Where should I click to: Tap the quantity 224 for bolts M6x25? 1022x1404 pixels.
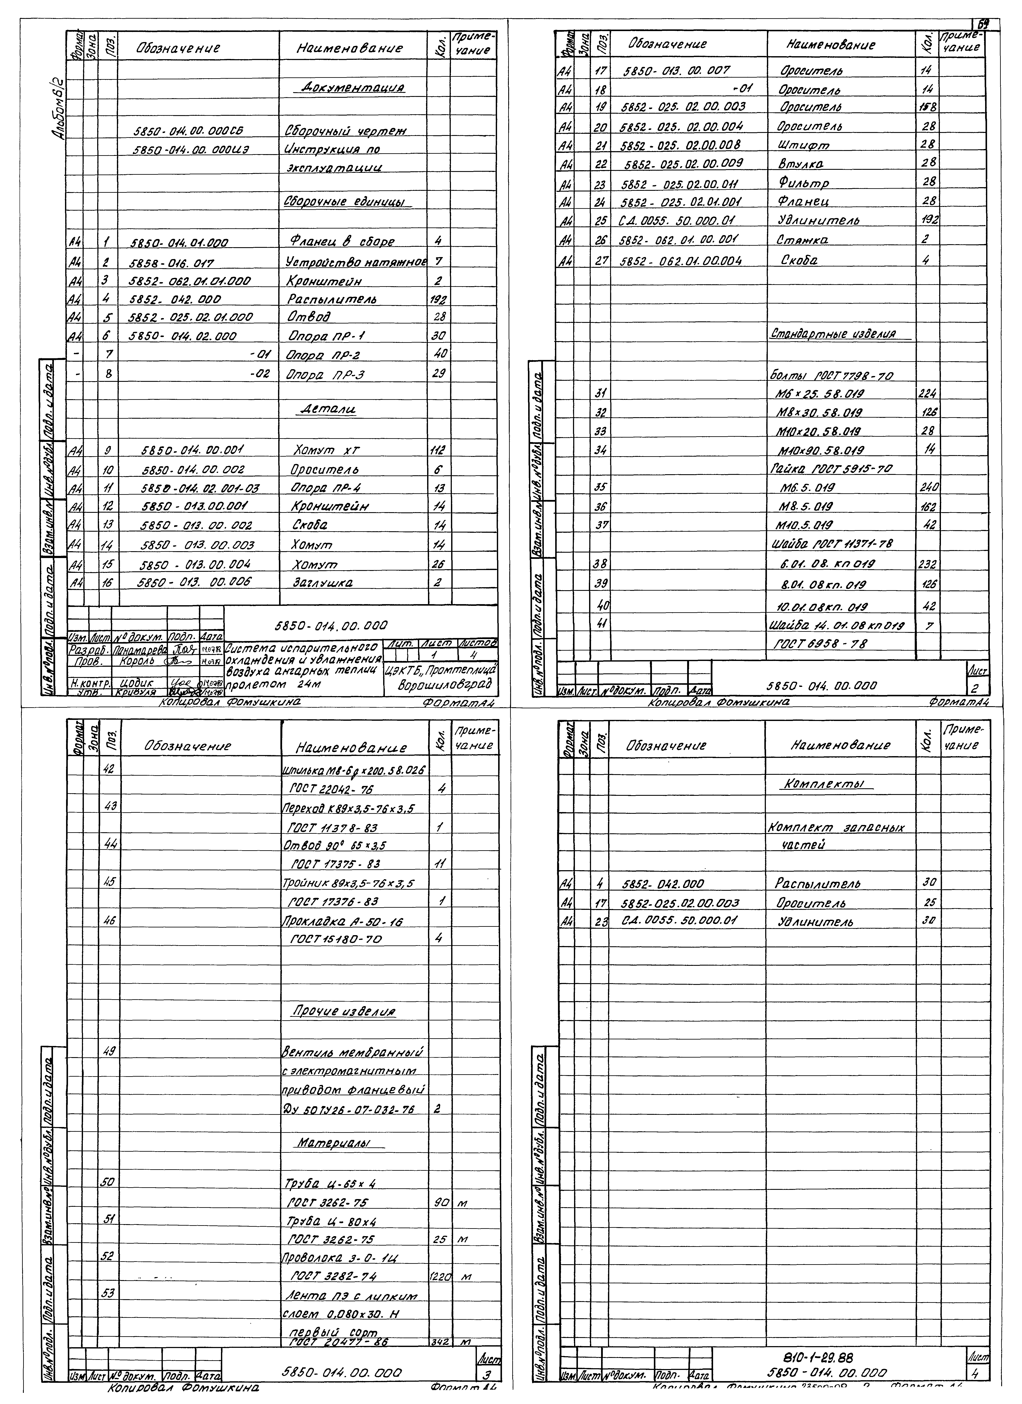tap(927, 394)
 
